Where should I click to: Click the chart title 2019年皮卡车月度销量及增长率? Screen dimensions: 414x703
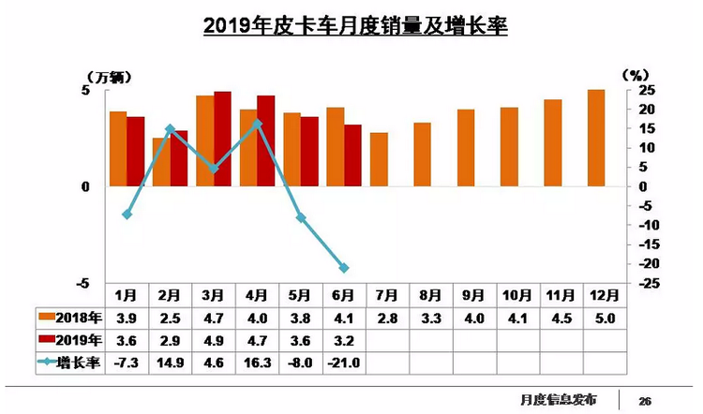pos(355,25)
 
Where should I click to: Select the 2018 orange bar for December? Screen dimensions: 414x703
pos(596,138)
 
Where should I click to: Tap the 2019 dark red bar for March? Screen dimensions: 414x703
pos(223,139)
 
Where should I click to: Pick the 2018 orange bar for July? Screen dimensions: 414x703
pos(379,159)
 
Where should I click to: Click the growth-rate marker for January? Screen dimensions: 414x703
pos(127,214)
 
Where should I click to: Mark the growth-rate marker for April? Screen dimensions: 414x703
pos(258,124)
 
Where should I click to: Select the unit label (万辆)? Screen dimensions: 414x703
pos(105,74)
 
